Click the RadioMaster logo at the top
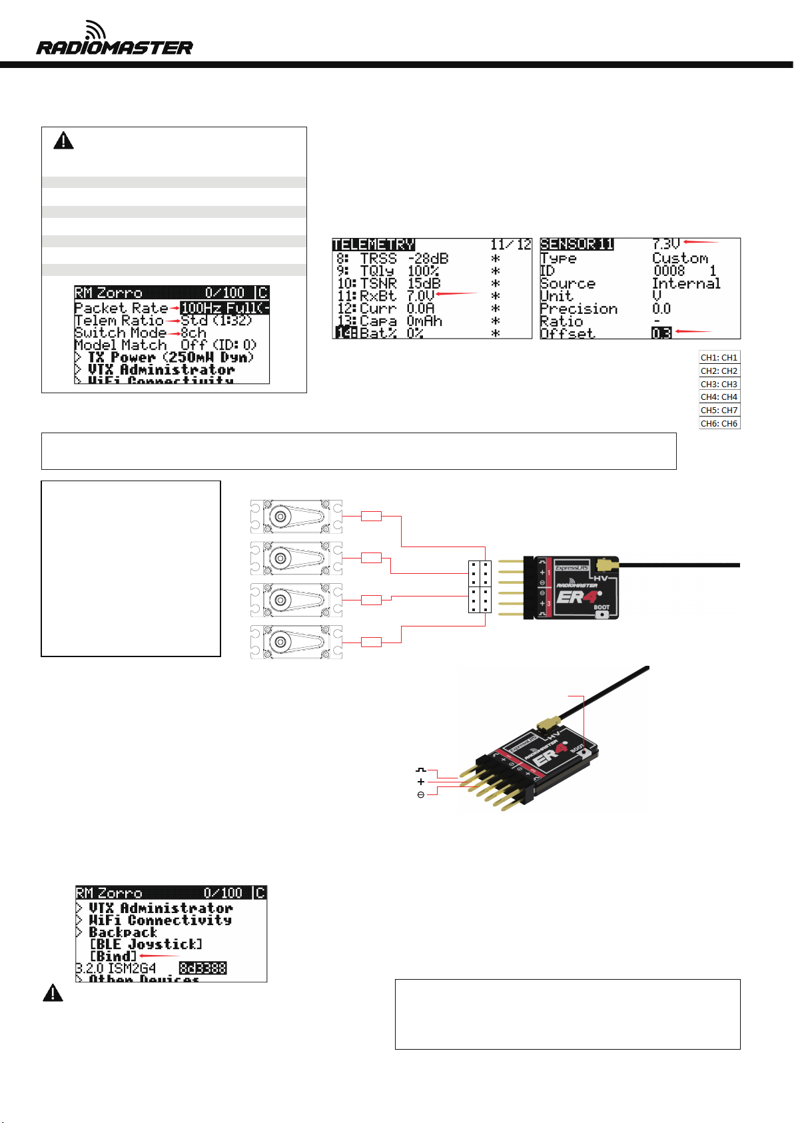click(114, 40)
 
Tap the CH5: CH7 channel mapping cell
click(719, 410)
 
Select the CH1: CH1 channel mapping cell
click(719, 357)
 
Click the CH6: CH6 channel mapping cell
click(719, 423)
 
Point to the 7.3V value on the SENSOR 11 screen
click(665, 245)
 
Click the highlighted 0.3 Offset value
click(661, 333)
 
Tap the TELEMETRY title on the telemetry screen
click(373, 245)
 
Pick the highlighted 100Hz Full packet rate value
click(224, 308)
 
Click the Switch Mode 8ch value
click(194, 333)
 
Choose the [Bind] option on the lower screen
click(113, 956)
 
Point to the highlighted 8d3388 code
click(203, 968)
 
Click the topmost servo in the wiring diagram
click(296, 517)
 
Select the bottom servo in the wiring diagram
click(296, 642)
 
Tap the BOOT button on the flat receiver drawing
click(602, 614)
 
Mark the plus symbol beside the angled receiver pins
click(421, 782)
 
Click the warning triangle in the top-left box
click(64, 141)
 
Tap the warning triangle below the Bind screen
click(53, 993)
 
